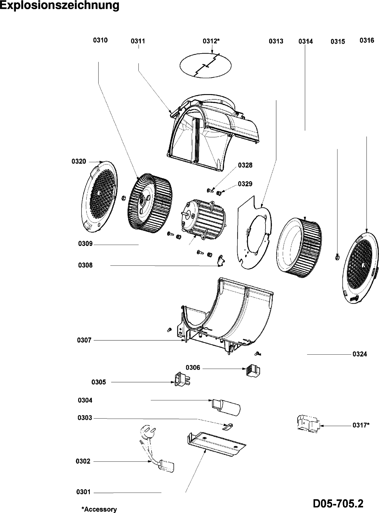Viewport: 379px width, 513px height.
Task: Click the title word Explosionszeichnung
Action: [59, 6]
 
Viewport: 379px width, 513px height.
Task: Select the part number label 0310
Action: [100, 41]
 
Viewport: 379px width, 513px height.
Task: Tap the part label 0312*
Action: [211, 41]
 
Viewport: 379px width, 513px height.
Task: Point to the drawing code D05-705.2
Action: [338, 504]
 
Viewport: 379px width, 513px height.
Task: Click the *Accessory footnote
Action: [99, 509]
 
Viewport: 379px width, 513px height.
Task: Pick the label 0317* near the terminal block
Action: [361, 425]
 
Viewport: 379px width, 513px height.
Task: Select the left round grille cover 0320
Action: [98, 195]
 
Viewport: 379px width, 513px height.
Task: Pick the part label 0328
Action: [245, 165]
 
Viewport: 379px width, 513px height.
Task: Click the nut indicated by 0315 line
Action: [337, 257]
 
